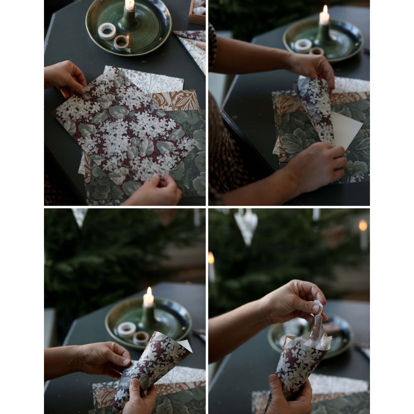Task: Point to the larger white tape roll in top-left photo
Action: point(107,31)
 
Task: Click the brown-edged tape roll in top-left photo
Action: point(122,42)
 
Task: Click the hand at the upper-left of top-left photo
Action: point(66,78)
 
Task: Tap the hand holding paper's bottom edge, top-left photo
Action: point(156,191)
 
